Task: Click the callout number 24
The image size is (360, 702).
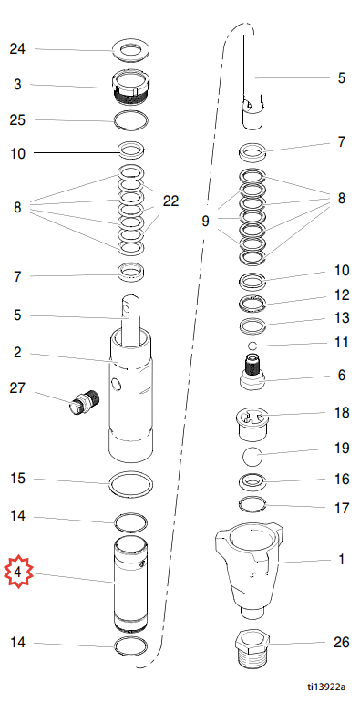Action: tap(17, 49)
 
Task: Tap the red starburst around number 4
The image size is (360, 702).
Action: tap(19, 572)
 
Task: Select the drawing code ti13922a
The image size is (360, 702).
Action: tap(326, 687)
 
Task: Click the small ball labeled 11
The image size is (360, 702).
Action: tap(252, 346)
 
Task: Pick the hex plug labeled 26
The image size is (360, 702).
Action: tap(252, 648)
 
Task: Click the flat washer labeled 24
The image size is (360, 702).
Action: tap(131, 50)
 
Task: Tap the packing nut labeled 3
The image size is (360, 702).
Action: tap(130, 88)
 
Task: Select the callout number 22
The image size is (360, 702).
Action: tap(170, 201)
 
